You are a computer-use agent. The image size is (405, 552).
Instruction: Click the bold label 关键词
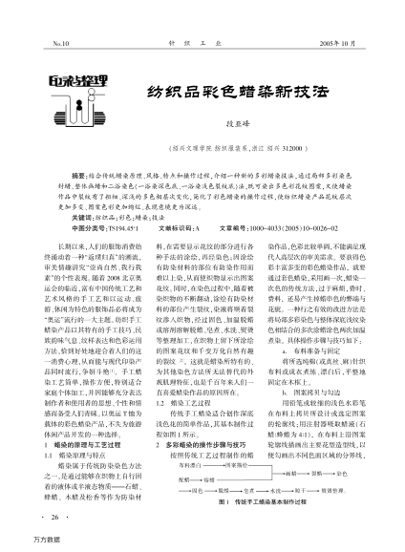coord(83,191)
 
